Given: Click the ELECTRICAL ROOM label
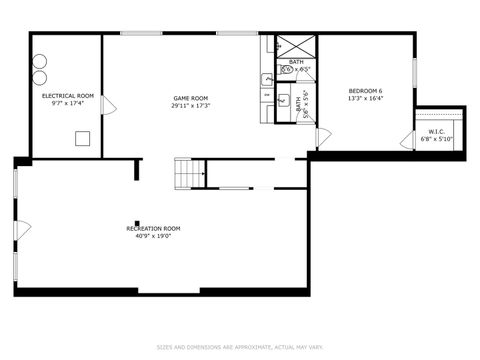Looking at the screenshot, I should (x=68, y=95).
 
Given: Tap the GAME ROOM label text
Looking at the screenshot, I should (x=190, y=98).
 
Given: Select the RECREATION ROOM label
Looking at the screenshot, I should (x=153, y=229).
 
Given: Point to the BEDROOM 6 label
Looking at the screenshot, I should (x=365, y=91).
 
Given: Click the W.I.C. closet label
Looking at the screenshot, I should (x=436, y=131).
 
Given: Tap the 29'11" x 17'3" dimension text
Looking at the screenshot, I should (x=190, y=105).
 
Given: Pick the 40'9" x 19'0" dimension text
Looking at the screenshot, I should (x=153, y=236).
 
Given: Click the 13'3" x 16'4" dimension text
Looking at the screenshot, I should (x=365, y=98).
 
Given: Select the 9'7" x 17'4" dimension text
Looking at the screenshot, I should (x=68, y=102).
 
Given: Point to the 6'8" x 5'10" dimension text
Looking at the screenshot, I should (x=436, y=138).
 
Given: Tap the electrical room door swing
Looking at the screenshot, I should (x=109, y=105).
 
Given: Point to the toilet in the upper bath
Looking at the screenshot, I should (x=286, y=70).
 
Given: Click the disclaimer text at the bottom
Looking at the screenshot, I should (x=240, y=348).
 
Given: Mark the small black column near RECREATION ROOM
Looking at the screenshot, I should (x=137, y=223).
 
